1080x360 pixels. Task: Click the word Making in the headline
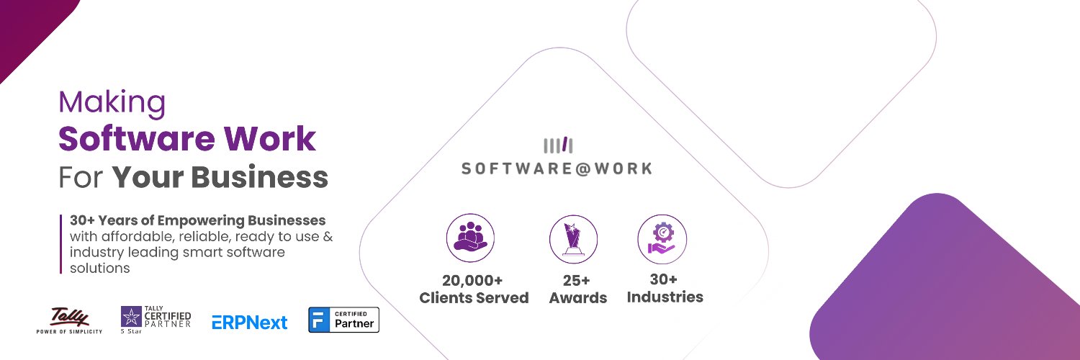[x=112, y=103]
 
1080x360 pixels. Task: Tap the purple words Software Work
[x=187, y=138]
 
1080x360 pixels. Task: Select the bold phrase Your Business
[x=220, y=176]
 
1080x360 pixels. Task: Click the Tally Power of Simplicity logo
[x=69, y=320]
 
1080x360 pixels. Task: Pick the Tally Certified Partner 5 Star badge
[x=156, y=320]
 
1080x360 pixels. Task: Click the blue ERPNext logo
[x=249, y=322]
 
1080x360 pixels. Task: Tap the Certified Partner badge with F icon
[x=343, y=320]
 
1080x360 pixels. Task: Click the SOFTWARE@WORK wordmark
[x=557, y=168]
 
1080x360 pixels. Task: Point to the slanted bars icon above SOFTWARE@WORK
[x=558, y=145]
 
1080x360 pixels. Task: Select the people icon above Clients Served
[x=471, y=238]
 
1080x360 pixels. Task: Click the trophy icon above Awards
[x=573, y=238]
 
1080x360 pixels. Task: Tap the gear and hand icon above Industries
[x=662, y=238]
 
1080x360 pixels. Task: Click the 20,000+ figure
[x=472, y=280]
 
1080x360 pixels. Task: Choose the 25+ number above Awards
[x=577, y=280]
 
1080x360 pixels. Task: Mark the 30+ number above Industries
[x=663, y=279]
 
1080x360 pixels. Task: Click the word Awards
[x=578, y=297]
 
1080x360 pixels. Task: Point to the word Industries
[x=665, y=296]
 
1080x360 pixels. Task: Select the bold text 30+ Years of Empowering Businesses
[x=198, y=220]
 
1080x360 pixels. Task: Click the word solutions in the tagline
[x=99, y=268]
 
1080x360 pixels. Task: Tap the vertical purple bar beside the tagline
[x=61, y=243]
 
